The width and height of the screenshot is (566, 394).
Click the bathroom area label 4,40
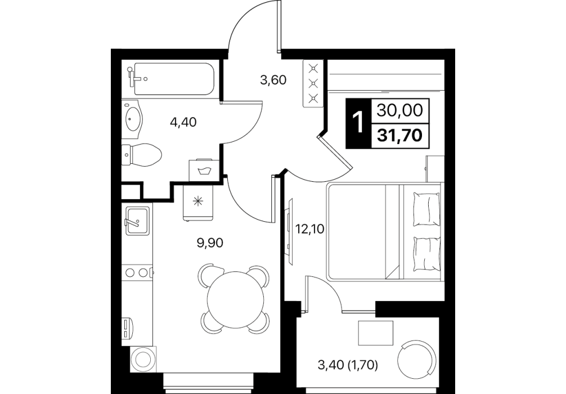click(183, 123)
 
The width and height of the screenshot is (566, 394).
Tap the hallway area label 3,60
click(273, 80)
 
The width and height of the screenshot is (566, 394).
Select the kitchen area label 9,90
click(210, 243)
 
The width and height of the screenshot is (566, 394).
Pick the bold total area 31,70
click(400, 136)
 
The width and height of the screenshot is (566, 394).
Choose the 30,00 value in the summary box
click(400, 110)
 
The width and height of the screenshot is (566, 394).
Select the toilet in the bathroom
click(142, 155)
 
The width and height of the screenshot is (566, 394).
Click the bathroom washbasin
click(133, 119)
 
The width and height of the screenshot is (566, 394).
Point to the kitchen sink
click(137, 220)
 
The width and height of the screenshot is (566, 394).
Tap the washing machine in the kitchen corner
click(142, 359)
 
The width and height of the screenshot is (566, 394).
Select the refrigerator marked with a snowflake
click(198, 202)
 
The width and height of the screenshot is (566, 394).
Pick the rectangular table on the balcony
click(375, 333)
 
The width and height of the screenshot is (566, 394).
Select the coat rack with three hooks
click(313, 83)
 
